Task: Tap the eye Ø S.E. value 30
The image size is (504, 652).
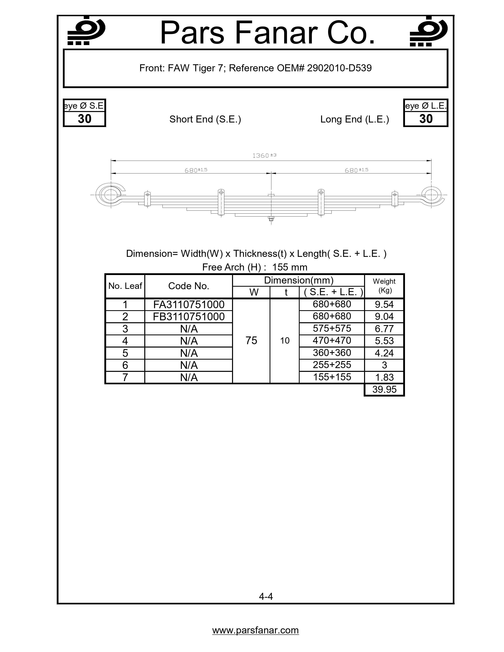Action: coord(85,119)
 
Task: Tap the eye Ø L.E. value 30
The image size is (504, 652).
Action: coord(426,119)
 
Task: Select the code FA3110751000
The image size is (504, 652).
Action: coord(189,304)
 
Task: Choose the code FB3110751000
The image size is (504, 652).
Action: coord(189,317)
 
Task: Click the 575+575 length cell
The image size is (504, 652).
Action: coord(332,328)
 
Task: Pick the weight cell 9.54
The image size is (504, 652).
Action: coord(384,304)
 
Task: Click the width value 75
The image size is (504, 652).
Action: coord(251,341)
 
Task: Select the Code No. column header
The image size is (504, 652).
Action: coord(189,286)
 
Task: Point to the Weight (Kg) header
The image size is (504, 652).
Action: coord(384,286)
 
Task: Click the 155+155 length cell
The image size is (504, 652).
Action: coord(332,377)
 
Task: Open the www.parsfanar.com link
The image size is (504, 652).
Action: coord(255,630)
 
